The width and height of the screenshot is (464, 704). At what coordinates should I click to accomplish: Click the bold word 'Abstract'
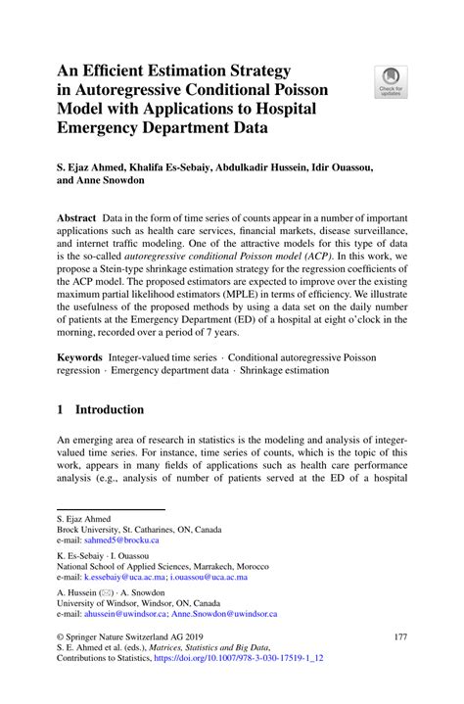click(x=75, y=215)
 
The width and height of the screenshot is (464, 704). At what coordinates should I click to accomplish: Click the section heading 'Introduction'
click(x=110, y=408)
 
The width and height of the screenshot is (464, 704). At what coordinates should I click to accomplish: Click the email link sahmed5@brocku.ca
click(x=119, y=540)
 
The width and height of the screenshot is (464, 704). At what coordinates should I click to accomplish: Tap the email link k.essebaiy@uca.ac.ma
click(x=123, y=578)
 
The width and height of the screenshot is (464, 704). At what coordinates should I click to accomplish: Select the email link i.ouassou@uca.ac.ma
click(x=209, y=578)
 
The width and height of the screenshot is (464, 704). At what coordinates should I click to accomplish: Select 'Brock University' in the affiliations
click(x=93, y=528)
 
